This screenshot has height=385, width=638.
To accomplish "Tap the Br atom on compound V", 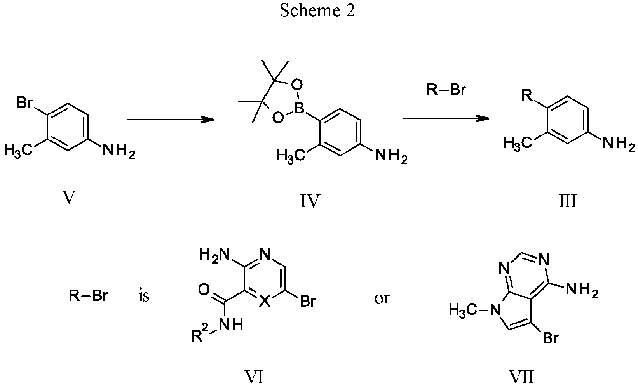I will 25,103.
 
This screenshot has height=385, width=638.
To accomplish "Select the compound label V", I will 69,198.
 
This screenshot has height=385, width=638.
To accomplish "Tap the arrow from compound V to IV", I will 171,120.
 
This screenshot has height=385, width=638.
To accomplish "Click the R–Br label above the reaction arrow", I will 446,90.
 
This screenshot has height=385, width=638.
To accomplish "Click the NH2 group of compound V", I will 119,150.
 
